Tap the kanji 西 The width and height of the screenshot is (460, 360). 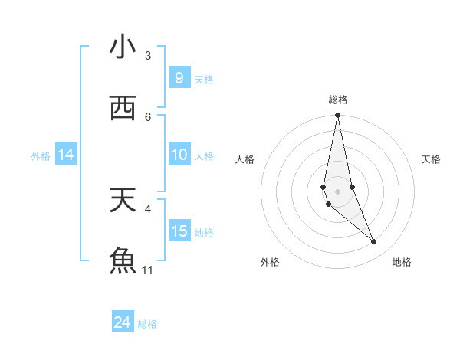click(123, 108)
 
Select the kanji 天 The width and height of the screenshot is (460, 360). click(123, 199)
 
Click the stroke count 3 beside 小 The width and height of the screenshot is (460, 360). click(148, 56)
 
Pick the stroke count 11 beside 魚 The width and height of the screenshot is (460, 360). click(148, 270)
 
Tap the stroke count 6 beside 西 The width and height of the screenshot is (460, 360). click(148, 116)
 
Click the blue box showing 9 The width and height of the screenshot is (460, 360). click(179, 78)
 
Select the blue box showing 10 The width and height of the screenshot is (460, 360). click(179, 155)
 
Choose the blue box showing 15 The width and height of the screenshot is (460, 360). click(179, 231)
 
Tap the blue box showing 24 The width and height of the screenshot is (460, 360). click(122, 322)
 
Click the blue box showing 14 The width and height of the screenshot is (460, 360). click(66, 155)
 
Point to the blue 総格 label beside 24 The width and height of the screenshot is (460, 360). click(147, 324)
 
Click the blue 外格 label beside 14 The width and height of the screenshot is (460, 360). click(41, 156)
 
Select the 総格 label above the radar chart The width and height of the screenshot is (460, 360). click(338, 100)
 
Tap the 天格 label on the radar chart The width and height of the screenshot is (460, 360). click(432, 159)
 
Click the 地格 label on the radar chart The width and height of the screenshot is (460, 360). click(402, 262)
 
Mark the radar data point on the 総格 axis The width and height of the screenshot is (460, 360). click(337, 116)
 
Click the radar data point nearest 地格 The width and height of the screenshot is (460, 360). click(374, 242)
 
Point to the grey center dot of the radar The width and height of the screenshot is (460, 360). click(337, 191)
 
